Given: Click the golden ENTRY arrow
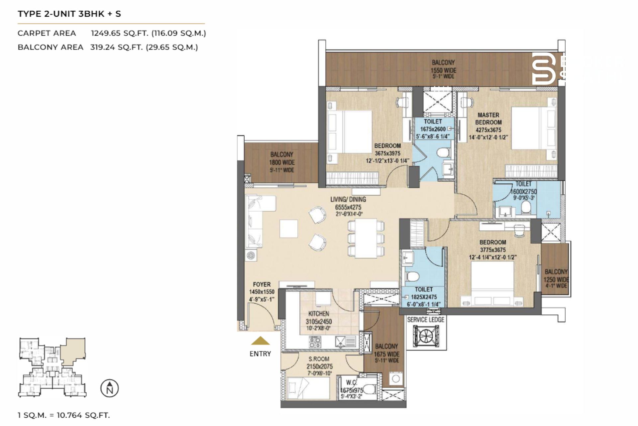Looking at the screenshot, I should pos(260,340).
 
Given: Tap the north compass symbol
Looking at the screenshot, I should pos(110,388).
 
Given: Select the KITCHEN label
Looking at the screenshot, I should pos(319,314).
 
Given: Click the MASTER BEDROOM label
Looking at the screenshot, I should pos(488,118).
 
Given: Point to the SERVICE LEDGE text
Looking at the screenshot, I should pos(426,319).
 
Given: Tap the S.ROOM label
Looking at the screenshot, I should pos(319,359).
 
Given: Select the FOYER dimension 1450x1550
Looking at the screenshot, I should pos(262,292).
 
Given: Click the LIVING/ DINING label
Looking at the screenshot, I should pos(348,199).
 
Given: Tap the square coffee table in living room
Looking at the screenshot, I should pos(288,228).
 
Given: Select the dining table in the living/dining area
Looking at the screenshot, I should pos(366,238).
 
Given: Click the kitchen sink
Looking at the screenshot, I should pos(341,341).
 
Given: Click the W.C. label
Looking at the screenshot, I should pos(351,382).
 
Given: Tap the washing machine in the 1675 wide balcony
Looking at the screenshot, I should pos(395,379).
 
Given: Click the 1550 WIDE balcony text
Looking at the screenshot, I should pos(443,70).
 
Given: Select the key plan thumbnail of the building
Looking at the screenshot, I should pos(53,367).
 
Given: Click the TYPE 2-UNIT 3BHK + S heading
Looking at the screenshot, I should pos(69,14).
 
